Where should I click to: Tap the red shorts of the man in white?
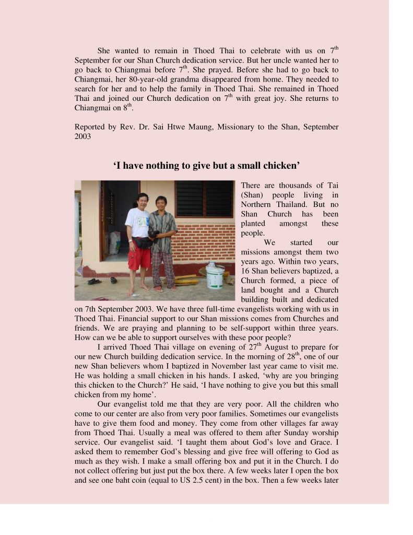click(x=139, y=257)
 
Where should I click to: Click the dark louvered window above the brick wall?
click(x=204, y=199)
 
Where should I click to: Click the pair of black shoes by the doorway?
click(x=95, y=281)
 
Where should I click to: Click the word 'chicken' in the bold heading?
click(x=280, y=166)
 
